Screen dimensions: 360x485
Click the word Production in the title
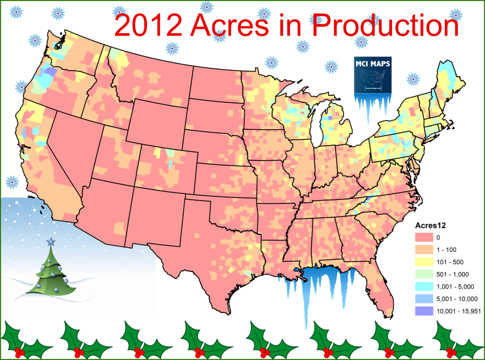pos(385,26)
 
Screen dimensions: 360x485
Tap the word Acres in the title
pos(232,26)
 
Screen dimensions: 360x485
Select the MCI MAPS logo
pos(372,75)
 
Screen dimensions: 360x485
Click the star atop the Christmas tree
pos(51,242)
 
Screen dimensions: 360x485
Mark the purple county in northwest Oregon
pos(51,71)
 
